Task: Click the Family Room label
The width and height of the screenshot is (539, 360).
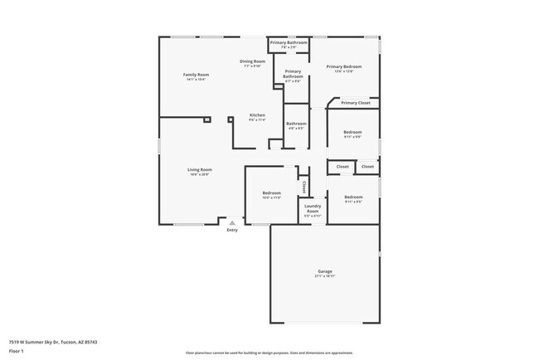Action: [196, 75]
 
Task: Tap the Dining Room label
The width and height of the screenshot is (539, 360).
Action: [252, 61]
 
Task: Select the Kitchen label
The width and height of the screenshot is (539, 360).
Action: [257, 114]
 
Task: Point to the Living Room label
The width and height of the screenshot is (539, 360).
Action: [199, 169]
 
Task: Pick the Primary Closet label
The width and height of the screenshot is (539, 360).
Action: [355, 103]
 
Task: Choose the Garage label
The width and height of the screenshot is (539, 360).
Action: [324, 271]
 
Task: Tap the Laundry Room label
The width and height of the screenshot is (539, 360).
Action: [313, 208]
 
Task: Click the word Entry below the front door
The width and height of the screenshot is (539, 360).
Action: [232, 230]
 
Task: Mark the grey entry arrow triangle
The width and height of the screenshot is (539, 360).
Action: [232, 222]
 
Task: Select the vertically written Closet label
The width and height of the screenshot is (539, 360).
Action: [303, 187]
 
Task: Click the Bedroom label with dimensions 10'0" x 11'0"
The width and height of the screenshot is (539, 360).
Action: [272, 192]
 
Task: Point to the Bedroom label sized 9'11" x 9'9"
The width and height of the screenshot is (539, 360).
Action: [352, 132]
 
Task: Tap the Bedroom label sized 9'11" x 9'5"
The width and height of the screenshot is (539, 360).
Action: [353, 197]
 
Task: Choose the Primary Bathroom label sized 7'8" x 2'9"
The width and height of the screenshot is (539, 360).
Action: [288, 42]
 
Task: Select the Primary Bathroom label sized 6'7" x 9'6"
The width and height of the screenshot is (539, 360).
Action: [293, 74]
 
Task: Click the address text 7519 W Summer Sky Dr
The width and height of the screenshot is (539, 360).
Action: [42, 341]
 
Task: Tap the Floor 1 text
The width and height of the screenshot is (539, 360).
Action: [17, 351]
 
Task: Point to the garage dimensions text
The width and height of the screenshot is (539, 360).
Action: [324, 276]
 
